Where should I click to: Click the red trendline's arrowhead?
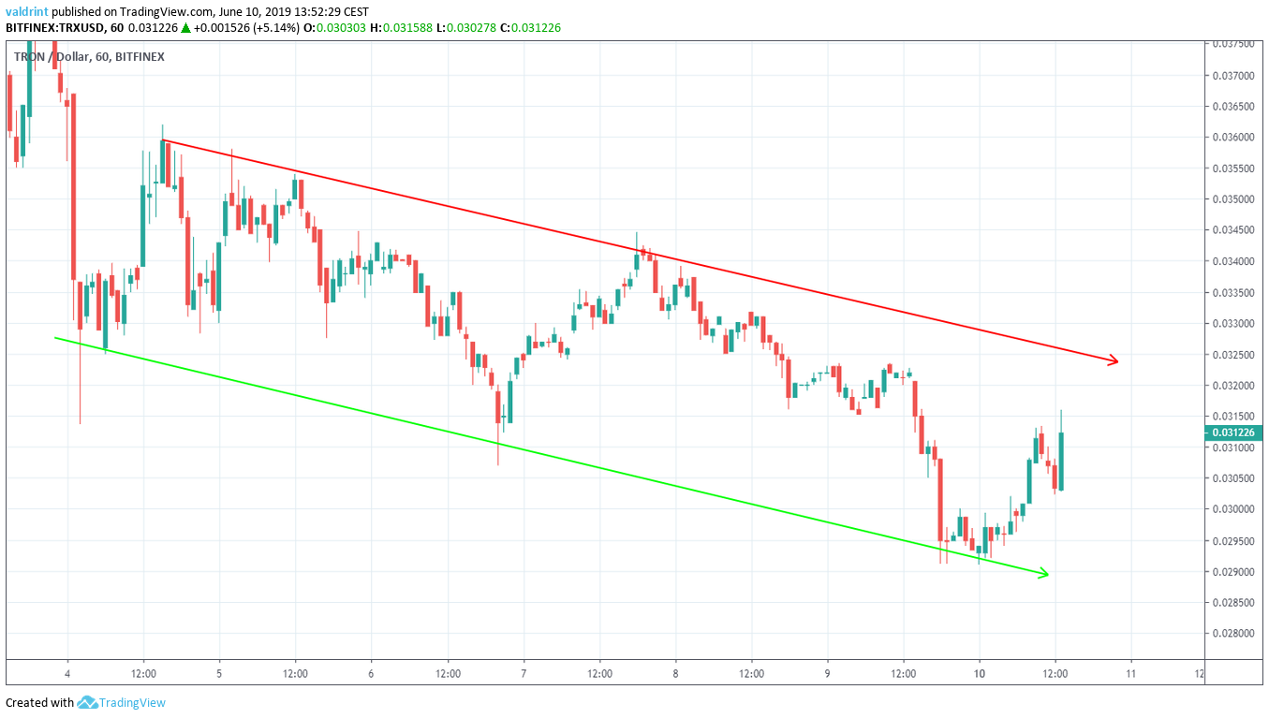pyautogui.click(x=1114, y=360)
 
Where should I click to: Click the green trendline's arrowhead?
pyautogui.click(x=1044, y=574)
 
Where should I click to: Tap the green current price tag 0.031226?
pyautogui.click(x=1232, y=433)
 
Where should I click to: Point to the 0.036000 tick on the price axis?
pyautogui.click(x=1232, y=138)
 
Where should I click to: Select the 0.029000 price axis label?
pyautogui.click(x=1232, y=571)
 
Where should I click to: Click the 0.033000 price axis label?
pyautogui.click(x=1232, y=324)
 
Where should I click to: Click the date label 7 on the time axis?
pyautogui.click(x=524, y=673)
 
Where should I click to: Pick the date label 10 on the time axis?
pyautogui.click(x=979, y=673)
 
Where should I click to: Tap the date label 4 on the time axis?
pyautogui.click(x=67, y=673)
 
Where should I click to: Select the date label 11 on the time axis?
pyautogui.click(x=1130, y=673)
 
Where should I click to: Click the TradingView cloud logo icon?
pyautogui.click(x=88, y=702)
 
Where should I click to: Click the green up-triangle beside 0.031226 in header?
pyautogui.click(x=186, y=28)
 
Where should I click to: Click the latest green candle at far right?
pyautogui.click(x=1061, y=461)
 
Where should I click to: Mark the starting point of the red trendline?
pyautogui.click(x=162, y=140)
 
